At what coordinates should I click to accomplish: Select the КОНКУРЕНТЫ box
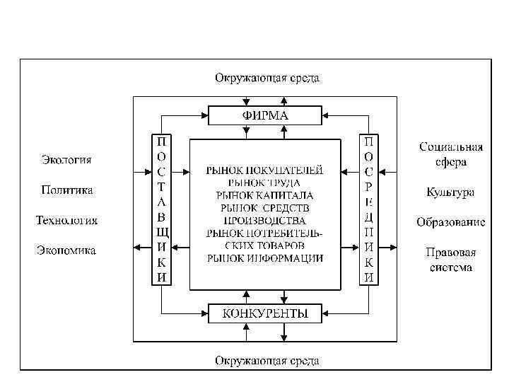pos(265,313)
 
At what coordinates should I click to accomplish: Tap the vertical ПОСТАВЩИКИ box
pos(162,209)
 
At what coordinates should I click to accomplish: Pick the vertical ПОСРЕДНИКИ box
pos(369,209)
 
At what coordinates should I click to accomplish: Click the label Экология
pos(65,160)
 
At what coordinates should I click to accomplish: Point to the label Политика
pos(66,190)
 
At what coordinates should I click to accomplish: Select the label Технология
pos(66,221)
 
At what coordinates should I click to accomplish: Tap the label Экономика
pos(66,250)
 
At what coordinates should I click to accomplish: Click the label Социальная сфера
pos(451,154)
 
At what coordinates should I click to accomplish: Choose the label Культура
pos(450,192)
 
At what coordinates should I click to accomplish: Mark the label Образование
pos(450,222)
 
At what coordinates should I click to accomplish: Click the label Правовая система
pos(450,260)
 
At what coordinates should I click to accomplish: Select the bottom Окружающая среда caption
pos(267,361)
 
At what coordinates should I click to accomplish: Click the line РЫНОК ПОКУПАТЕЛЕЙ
pos(265,170)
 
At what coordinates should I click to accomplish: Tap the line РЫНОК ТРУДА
pos(265,183)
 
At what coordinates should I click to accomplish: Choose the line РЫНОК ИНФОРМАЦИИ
pos(265,258)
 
